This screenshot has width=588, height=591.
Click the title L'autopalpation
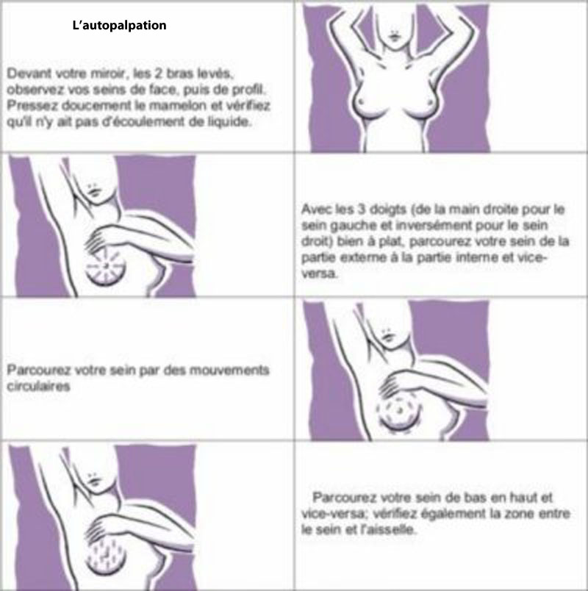119,25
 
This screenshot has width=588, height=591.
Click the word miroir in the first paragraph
107,73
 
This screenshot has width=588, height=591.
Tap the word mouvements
229,370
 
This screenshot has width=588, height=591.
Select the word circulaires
38,387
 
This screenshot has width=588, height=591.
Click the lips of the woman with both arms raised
394,37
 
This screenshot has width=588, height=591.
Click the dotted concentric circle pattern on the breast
398,409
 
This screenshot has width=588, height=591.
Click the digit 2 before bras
159,73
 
